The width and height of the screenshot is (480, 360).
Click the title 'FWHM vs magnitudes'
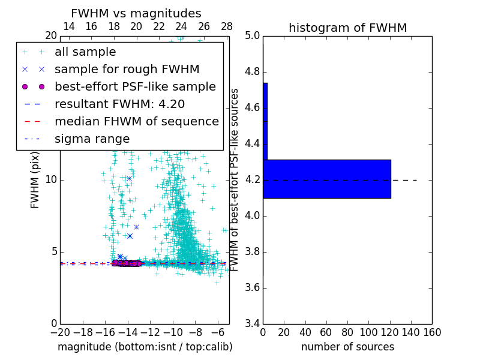(x=136, y=13)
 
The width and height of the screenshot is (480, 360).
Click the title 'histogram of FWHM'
(x=347, y=28)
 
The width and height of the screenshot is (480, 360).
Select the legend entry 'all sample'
(x=85, y=52)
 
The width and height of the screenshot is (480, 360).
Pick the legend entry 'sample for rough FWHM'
(x=127, y=70)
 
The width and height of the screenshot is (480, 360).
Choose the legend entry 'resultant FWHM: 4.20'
(x=119, y=104)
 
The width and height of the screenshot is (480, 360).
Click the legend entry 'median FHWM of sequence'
(x=136, y=122)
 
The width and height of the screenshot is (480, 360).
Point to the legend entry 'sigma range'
(x=92, y=139)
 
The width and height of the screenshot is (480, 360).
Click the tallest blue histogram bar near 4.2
(x=326, y=179)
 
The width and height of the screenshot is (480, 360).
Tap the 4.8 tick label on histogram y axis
(x=252, y=72)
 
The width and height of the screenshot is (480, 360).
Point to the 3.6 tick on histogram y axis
(x=252, y=287)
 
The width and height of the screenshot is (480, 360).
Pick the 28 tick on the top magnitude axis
(x=227, y=26)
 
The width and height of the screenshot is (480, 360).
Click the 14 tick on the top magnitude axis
(x=69, y=26)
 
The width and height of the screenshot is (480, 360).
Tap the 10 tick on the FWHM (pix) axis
(x=50, y=180)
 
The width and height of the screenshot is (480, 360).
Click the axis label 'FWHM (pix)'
(x=35, y=179)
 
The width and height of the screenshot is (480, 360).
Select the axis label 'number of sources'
(x=347, y=347)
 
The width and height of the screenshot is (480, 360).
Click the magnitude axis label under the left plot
(x=145, y=347)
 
